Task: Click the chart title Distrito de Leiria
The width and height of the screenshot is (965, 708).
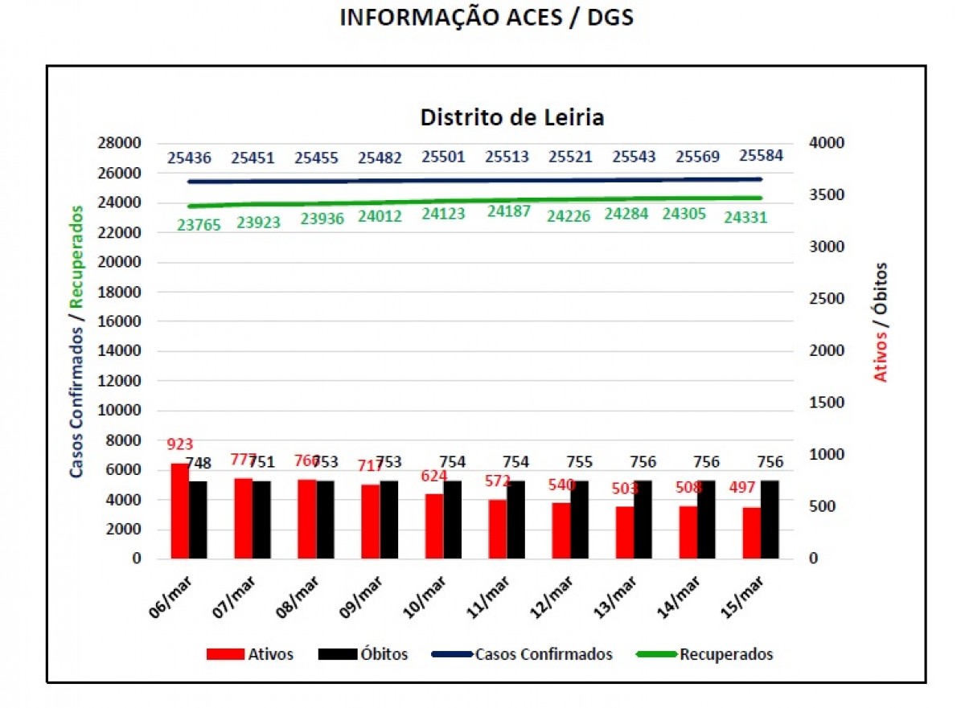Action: pyautogui.click(x=511, y=117)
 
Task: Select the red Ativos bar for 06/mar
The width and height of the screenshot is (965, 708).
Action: pyautogui.click(x=179, y=511)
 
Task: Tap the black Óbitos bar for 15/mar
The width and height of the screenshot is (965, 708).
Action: pyautogui.click(x=770, y=520)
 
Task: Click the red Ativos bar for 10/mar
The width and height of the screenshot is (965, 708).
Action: pyautogui.click(x=434, y=526)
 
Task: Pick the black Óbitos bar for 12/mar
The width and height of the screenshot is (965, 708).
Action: pyautogui.click(x=579, y=520)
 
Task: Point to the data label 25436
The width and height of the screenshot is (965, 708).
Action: pyautogui.click(x=190, y=158)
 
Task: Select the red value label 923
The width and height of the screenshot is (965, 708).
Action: pyautogui.click(x=180, y=444)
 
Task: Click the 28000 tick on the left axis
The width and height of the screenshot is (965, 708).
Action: pyautogui.click(x=119, y=143)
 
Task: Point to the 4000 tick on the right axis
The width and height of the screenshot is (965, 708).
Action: pyautogui.click(x=827, y=143)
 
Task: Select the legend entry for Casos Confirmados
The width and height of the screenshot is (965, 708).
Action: pyautogui.click(x=544, y=654)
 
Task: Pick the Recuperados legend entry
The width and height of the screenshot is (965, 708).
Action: pyautogui.click(x=726, y=654)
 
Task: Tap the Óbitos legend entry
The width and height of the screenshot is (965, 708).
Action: pyautogui.click(x=384, y=654)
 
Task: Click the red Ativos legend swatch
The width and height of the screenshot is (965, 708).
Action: pyautogui.click(x=225, y=654)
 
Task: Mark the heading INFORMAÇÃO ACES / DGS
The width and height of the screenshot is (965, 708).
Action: pyautogui.click(x=487, y=18)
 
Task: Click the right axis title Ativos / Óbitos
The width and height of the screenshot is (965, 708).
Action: pyautogui.click(x=882, y=321)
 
